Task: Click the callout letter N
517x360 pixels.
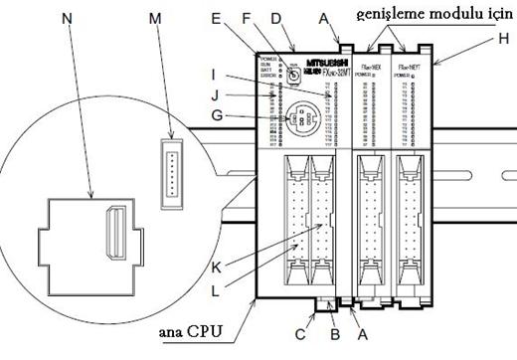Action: point(67,19)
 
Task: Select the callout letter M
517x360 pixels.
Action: point(154,19)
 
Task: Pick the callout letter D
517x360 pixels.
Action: point(277,17)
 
